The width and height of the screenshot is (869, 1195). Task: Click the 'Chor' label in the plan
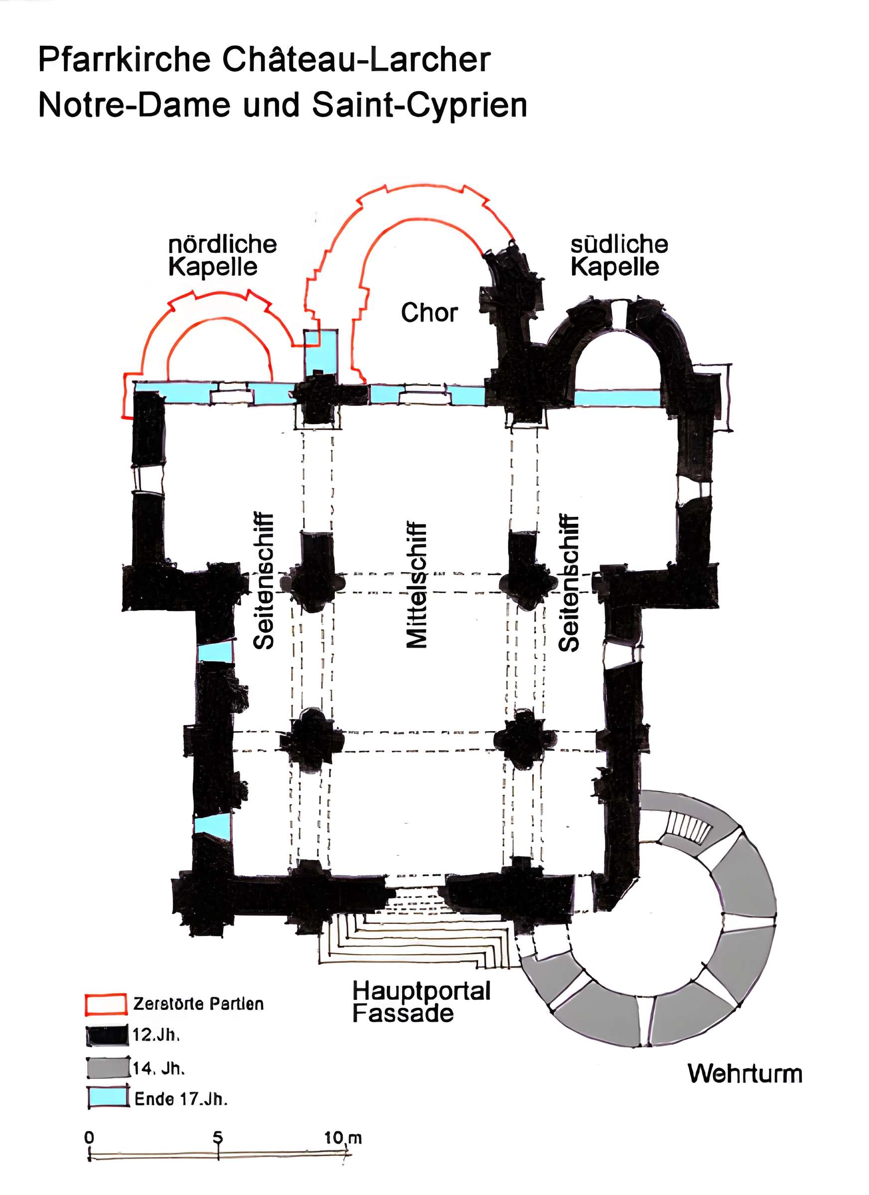pyautogui.click(x=429, y=313)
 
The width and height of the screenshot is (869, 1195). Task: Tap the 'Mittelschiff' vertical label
pyautogui.click(x=416, y=585)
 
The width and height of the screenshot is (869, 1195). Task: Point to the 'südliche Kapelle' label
pyautogui.click(x=618, y=255)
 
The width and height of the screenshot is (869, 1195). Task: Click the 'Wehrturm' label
pyautogui.click(x=744, y=1074)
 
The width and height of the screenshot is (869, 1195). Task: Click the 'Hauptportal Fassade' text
pyautogui.click(x=421, y=1002)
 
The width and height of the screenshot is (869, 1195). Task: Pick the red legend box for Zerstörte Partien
pyautogui.click(x=106, y=1004)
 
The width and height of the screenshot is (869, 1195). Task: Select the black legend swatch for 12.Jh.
pyautogui.click(x=108, y=1035)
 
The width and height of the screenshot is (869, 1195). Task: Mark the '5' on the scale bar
pyautogui.click(x=217, y=1137)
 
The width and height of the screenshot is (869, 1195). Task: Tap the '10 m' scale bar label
pyautogui.click(x=342, y=1137)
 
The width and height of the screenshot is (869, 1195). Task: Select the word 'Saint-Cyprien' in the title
pyautogui.click(x=419, y=105)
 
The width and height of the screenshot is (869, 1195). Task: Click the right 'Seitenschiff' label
pyautogui.click(x=569, y=583)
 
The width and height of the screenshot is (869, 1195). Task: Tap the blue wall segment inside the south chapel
pyautogui.click(x=616, y=398)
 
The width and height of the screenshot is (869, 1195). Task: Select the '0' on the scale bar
pyautogui.click(x=89, y=1137)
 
